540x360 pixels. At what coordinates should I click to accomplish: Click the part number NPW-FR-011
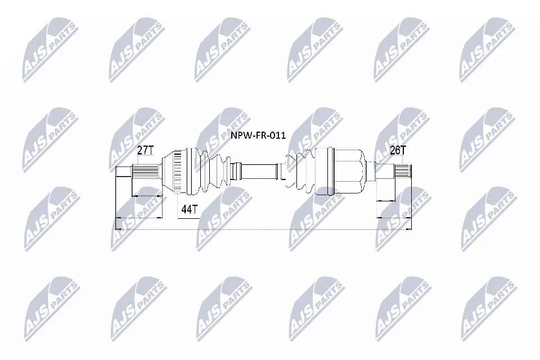[x=259, y=136]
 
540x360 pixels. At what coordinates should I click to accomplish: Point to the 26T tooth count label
[x=398, y=150]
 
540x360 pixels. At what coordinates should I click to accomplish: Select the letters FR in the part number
[x=259, y=136]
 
